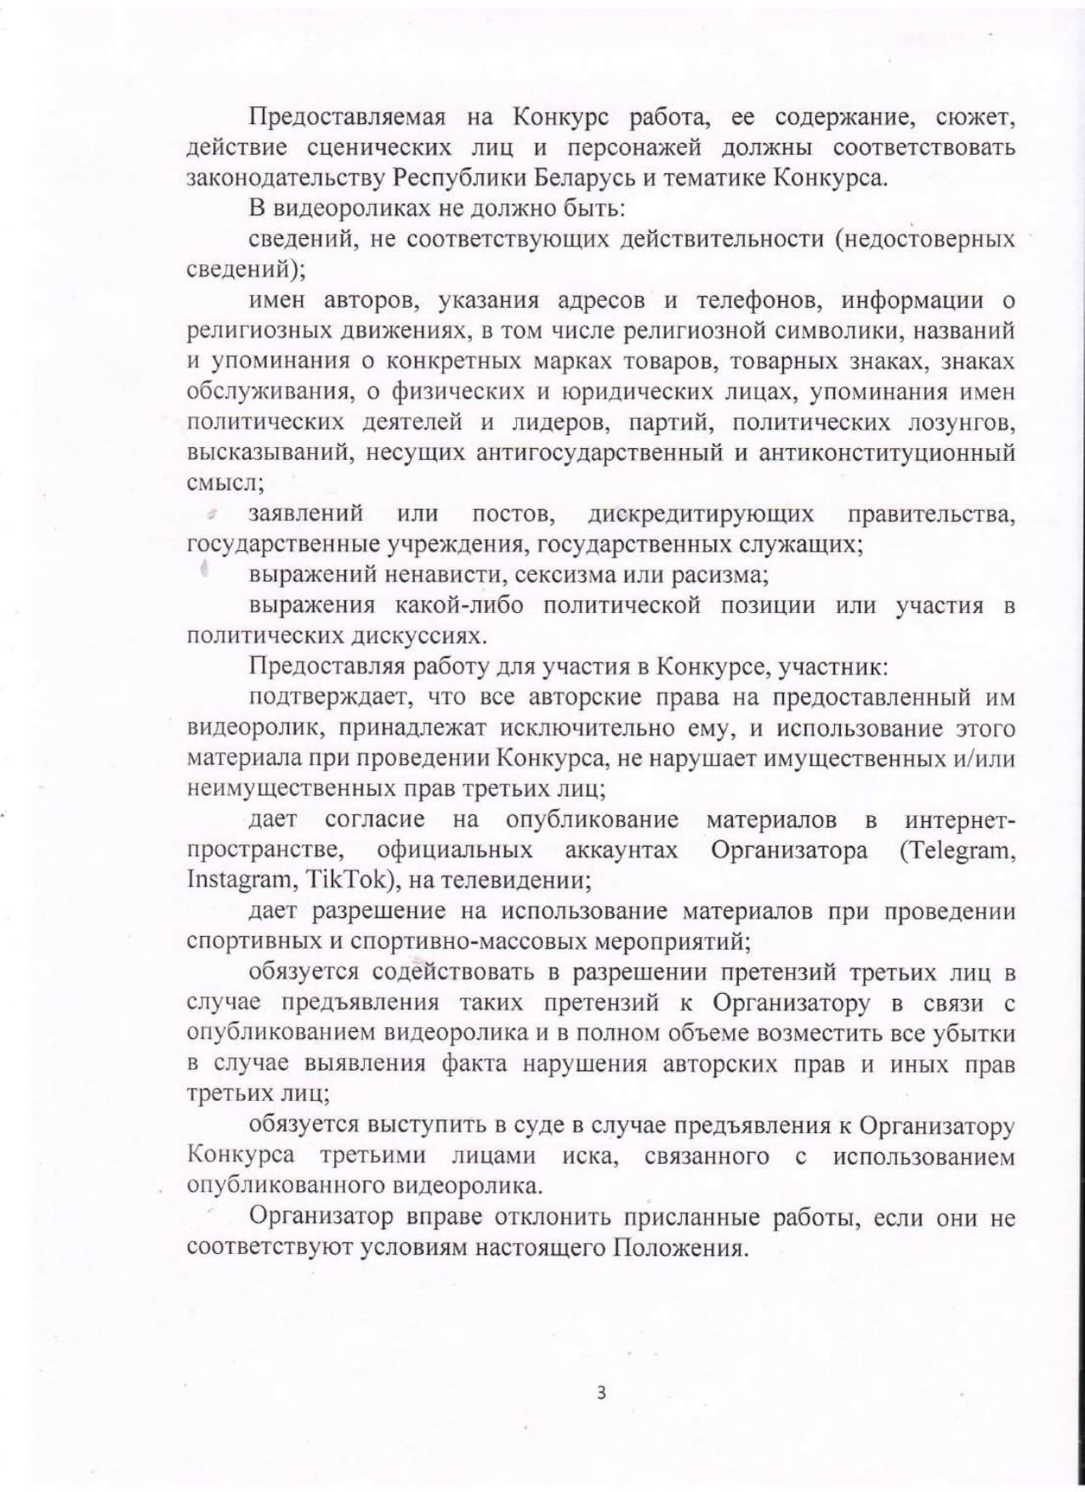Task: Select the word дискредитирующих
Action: coord(700,513)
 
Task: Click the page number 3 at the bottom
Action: coord(601,1393)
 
